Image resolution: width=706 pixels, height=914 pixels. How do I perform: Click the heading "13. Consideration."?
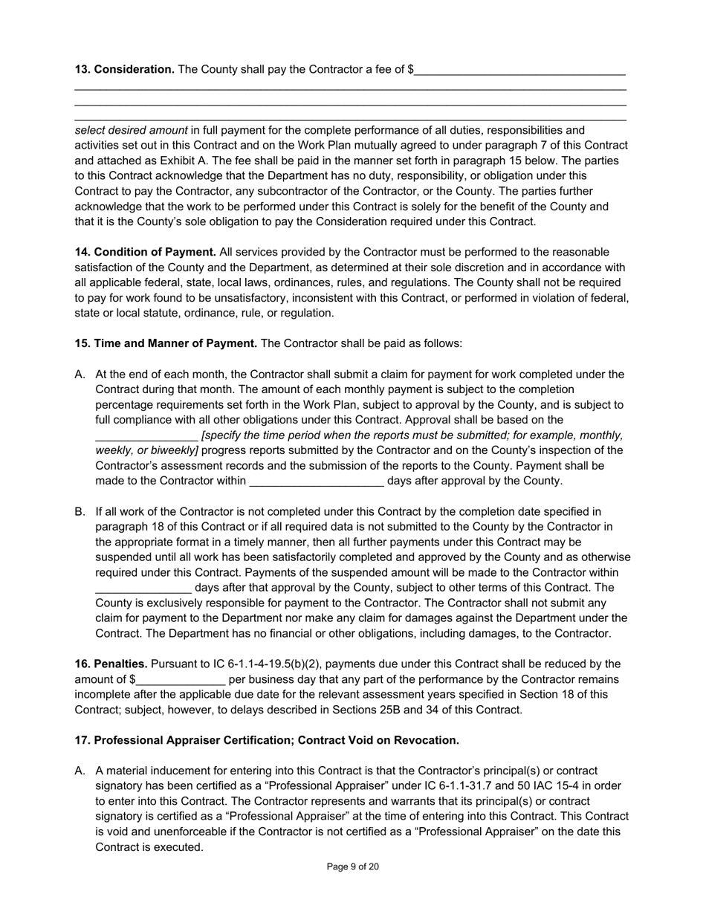[124, 69]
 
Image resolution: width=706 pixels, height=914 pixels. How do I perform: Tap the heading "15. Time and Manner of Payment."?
[166, 343]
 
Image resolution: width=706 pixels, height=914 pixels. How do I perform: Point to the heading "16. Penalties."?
[111, 664]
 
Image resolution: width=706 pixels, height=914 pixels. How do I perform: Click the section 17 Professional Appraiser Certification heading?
[267, 740]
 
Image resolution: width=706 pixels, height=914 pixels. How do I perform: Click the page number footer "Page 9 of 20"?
[353, 866]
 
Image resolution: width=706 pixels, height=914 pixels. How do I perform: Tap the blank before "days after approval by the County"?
[317, 482]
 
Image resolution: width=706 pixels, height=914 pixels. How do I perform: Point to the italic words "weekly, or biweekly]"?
[146, 451]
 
